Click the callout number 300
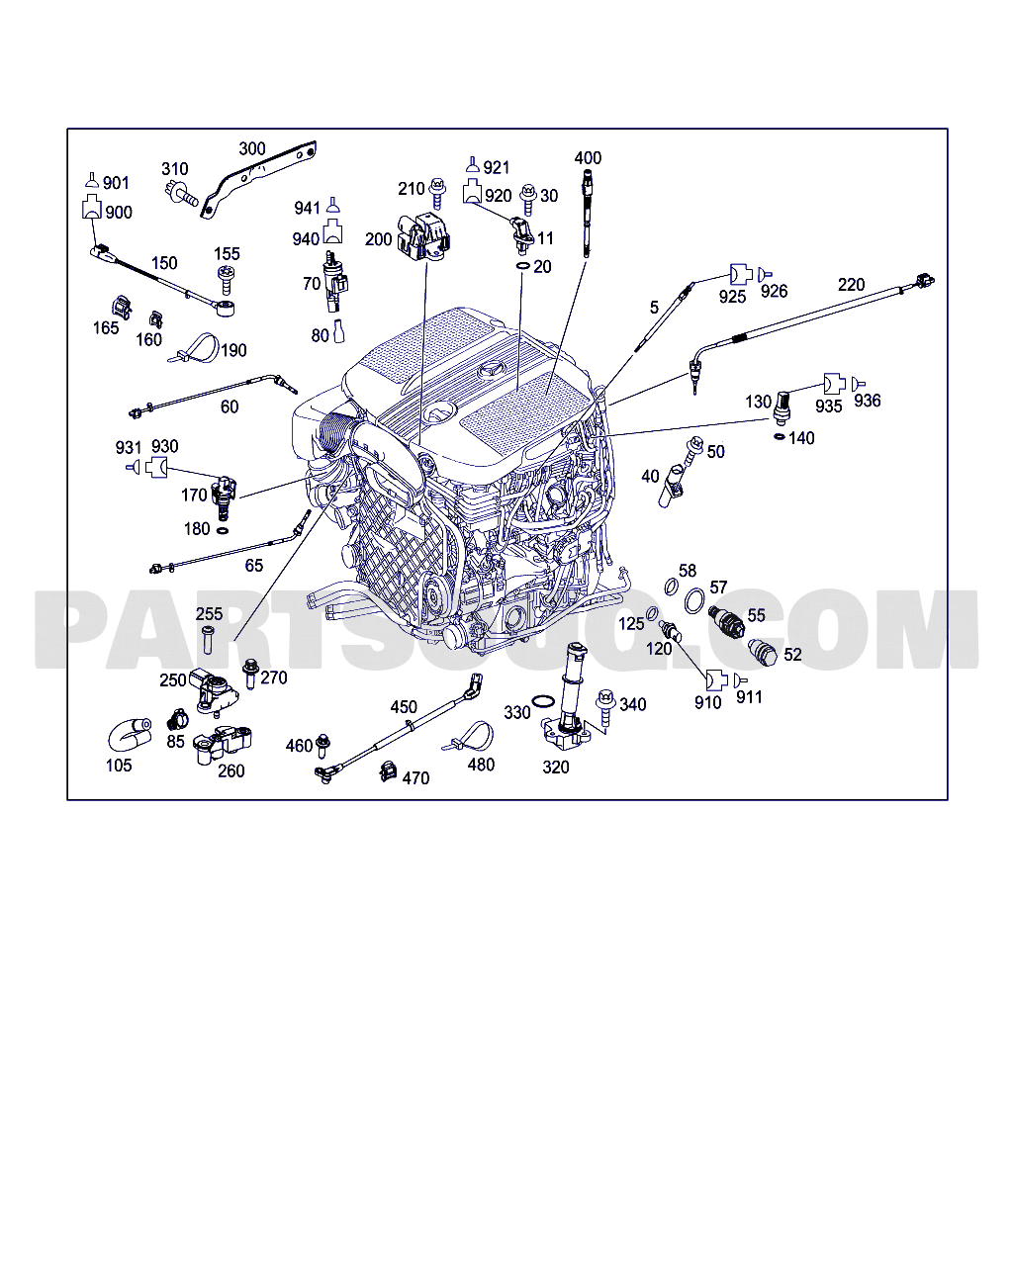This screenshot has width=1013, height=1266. [252, 148]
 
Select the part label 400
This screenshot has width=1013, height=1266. [588, 157]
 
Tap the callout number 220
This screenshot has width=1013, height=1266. [851, 285]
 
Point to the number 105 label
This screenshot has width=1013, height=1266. [119, 765]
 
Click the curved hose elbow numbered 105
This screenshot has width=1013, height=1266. [128, 734]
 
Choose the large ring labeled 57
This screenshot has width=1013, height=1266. [695, 599]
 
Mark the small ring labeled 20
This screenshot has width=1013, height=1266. [521, 267]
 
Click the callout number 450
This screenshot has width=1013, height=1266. [404, 707]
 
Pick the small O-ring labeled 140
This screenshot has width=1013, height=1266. [780, 435]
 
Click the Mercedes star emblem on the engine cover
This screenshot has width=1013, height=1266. [490, 371]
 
